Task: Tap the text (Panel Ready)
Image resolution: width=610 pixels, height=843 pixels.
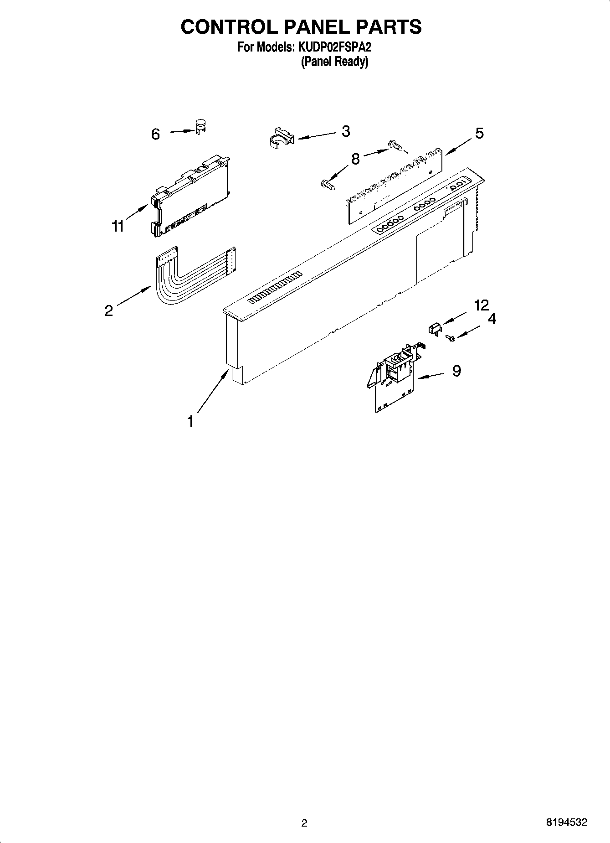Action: coord(334,62)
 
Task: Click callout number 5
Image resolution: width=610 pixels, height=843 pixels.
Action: coord(479,133)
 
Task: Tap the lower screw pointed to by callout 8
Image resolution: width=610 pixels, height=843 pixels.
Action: coord(327,184)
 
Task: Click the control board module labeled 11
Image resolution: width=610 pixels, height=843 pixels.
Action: coord(189,197)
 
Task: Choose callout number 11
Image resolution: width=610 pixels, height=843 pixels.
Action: coord(118,226)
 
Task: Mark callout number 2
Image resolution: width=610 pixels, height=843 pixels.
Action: coord(108,311)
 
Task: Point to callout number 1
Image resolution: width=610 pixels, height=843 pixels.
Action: coord(190,421)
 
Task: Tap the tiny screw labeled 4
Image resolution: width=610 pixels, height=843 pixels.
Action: coord(451,338)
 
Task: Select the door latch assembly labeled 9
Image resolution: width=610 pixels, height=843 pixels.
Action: coord(394,376)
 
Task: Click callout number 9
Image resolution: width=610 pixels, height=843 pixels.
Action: coord(456,371)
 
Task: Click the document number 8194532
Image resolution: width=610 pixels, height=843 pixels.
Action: coord(566,822)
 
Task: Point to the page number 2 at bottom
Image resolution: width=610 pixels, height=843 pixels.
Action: coord(304,822)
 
